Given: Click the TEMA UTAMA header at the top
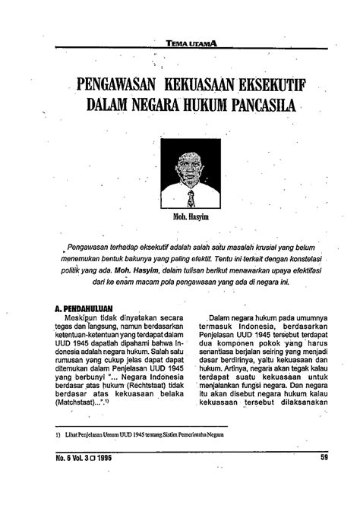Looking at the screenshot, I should (191, 45).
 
